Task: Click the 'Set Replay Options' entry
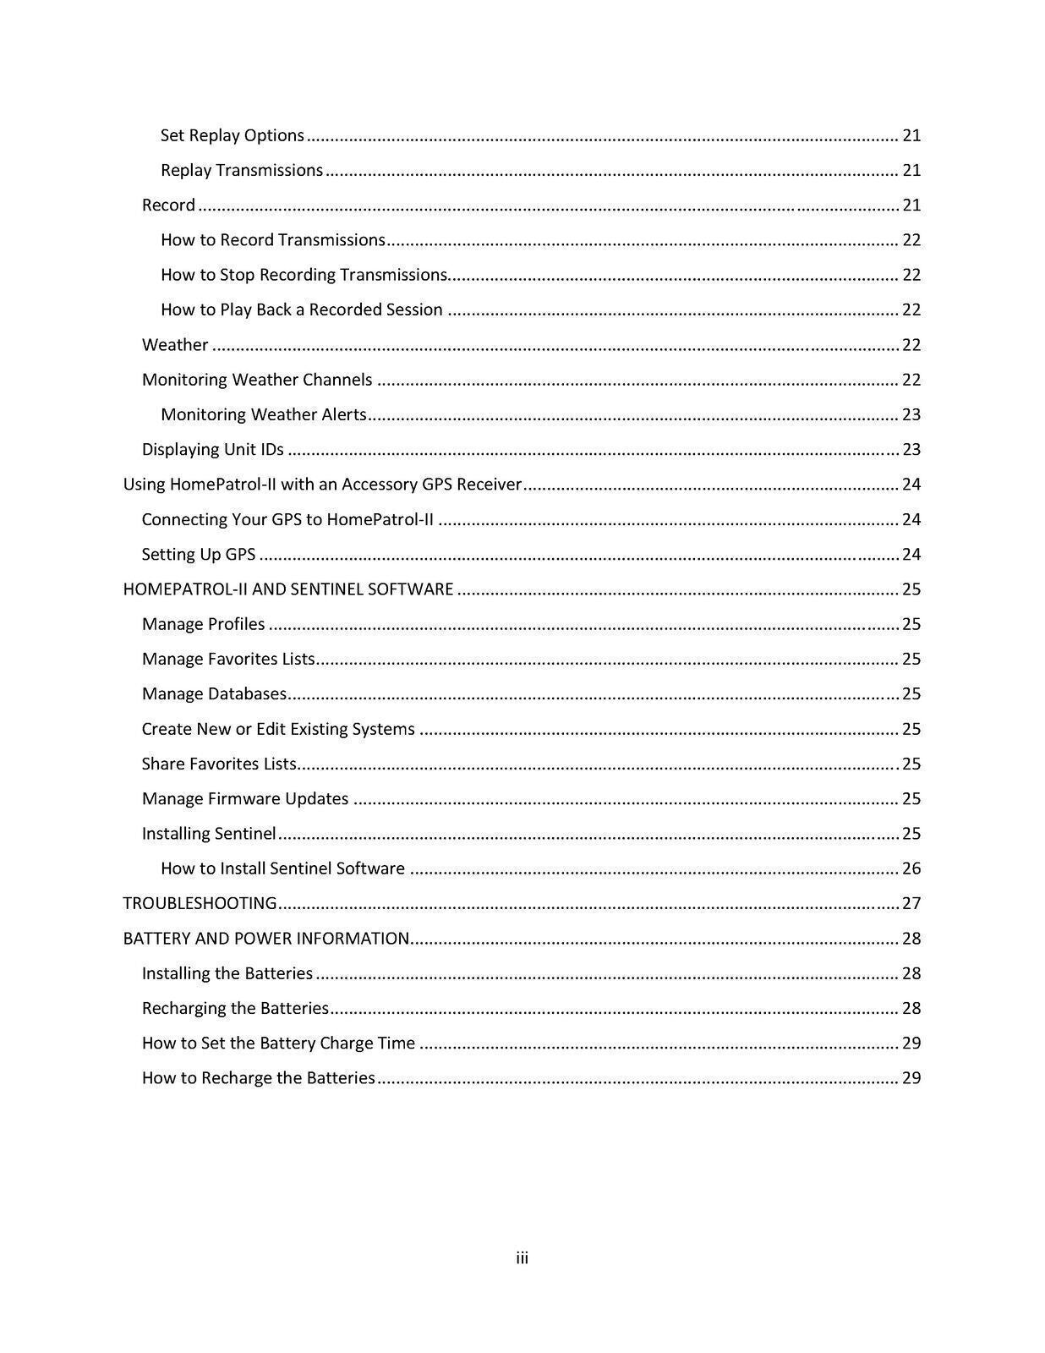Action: pyautogui.click(x=232, y=135)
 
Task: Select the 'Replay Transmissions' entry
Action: pyautogui.click(x=242, y=170)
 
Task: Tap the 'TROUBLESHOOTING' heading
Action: pyautogui.click(x=200, y=903)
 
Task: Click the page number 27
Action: pyautogui.click(x=911, y=903)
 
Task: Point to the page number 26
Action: pyautogui.click(x=911, y=868)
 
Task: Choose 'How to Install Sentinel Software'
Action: pyautogui.click(x=282, y=868)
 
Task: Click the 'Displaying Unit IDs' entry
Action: pyautogui.click(x=212, y=449)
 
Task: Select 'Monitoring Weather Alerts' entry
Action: pyautogui.click(x=263, y=414)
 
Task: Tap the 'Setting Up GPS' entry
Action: pyautogui.click(x=199, y=554)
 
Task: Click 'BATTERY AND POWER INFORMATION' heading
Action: pyautogui.click(x=266, y=938)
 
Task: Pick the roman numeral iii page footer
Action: pyautogui.click(x=522, y=1258)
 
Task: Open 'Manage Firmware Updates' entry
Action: pyautogui.click(x=245, y=798)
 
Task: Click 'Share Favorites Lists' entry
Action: pyautogui.click(x=219, y=764)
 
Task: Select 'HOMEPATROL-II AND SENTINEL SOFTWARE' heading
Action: pyautogui.click(x=288, y=589)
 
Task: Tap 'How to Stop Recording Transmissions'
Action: pyautogui.click(x=304, y=275)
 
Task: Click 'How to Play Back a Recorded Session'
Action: pyautogui.click(x=301, y=309)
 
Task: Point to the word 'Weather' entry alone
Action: pyautogui.click(x=175, y=344)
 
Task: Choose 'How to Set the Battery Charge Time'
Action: pyautogui.click(x=278, y=1043)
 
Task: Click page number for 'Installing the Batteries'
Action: pyautogui.click(x=911, y=973)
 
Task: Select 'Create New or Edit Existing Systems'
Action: pyautogui.click(x=278, y=729)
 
